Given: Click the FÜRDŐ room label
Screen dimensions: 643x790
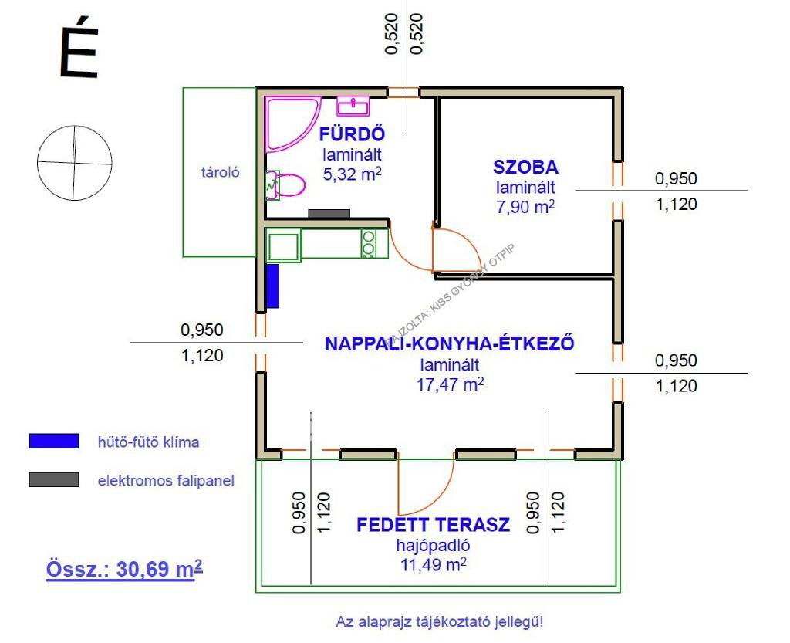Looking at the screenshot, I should (x=352, y=134).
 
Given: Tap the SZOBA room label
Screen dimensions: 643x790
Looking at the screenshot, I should (x=525, y=167).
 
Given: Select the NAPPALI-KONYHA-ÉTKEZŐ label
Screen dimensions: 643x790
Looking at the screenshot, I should (x=450, y=343).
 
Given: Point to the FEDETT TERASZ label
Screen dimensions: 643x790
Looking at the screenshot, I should (x=433, y=525).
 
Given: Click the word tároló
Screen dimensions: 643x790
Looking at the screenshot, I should (x=220, y=173).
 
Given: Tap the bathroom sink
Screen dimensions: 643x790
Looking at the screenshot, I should (x=354, y=105).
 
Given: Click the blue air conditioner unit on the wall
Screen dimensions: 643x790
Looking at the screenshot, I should (x=272, y=286).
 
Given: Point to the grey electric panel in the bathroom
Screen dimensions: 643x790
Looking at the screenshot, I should (x=329, y=213).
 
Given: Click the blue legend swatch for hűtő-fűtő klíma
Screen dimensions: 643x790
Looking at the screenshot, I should (x=53, y=442).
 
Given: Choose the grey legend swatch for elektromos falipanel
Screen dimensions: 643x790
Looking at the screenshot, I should (x=53, y=480).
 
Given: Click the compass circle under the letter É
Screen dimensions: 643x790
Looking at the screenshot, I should (x=74, y=162).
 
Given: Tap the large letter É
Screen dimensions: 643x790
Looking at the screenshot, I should (x=79, y=52).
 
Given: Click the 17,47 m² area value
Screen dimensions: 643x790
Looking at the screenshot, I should (x=450, y=384).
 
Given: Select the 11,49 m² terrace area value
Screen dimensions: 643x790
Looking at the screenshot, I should (x=433, y=564).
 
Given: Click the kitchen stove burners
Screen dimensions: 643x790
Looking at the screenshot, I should (x=369, y=243).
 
